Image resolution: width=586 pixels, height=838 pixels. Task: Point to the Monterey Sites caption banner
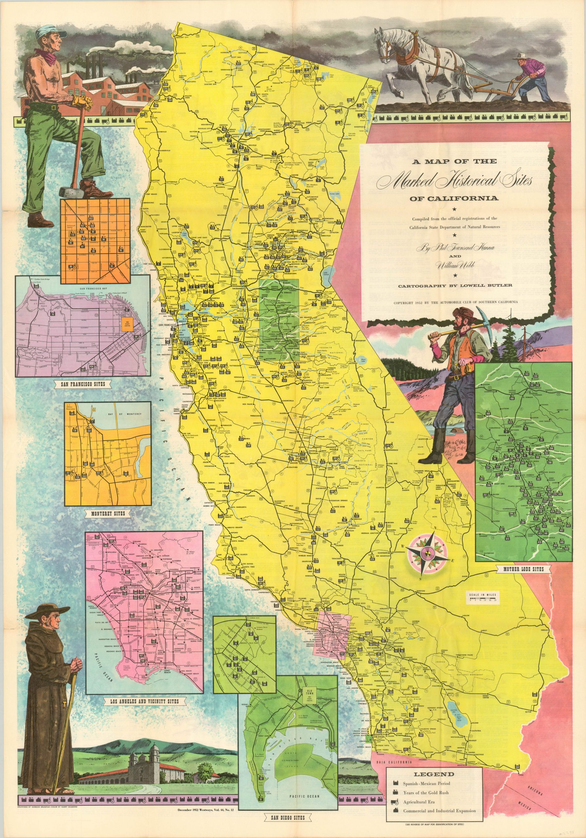[x=106, y=513]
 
